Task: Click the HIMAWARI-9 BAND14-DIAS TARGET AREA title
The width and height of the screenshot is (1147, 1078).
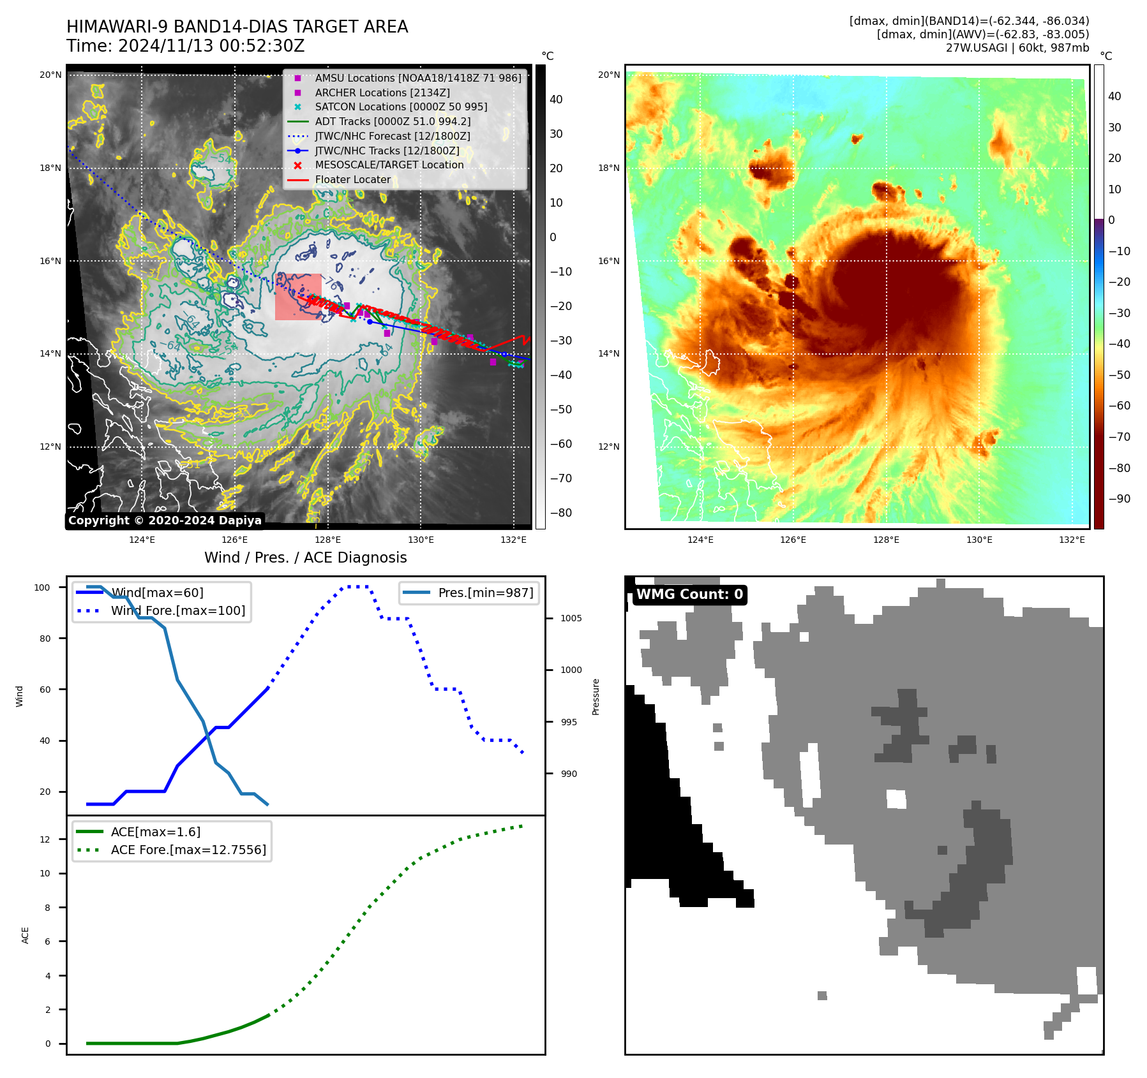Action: tap(237, 27)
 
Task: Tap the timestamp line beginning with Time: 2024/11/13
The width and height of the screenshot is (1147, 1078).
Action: tap(185, 46)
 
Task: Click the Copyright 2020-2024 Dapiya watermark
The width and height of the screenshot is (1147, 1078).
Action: tap(165, 520)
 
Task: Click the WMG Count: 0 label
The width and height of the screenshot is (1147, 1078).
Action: tap(689, 594)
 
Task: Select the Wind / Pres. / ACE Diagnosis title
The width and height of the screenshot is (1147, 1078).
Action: tap(305, 557)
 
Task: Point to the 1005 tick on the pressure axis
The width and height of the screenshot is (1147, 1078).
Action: tap(571, 618)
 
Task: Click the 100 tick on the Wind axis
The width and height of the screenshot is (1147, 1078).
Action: tap(42, 587)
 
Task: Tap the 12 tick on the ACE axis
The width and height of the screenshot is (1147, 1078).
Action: tap(45, 839)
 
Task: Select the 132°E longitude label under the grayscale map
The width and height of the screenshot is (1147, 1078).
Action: tap(513, 540)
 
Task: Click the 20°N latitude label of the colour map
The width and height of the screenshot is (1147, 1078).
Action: tap(608, 75)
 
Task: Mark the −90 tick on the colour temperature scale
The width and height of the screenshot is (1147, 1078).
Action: tap(1119, 499)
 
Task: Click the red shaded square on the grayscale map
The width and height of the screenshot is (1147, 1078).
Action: tap(298, 297)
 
